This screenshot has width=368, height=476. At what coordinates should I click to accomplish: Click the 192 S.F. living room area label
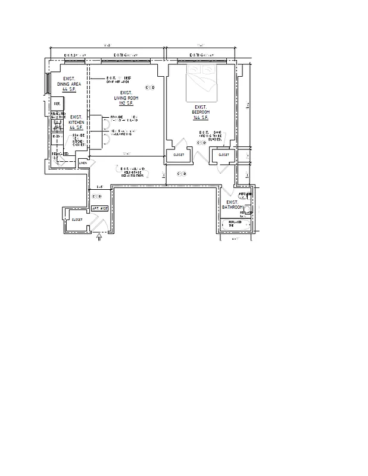(x=125, y=104)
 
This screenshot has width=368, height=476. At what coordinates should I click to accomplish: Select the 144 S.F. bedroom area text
(x=200, y=118)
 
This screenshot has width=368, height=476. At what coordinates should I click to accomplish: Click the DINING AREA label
(x=69, y=84)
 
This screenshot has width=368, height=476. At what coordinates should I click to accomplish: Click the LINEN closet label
(x=83, y=162)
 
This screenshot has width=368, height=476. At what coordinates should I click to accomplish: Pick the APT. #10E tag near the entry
(x=98, y=208)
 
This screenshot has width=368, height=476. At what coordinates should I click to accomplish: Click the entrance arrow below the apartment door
(x=99, y=237)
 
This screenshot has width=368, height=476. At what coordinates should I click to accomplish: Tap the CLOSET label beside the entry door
(x=77, y=220)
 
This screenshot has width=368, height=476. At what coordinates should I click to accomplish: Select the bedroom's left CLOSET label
(x=179, y=155)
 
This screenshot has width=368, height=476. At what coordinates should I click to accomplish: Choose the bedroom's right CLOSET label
(x=223, y=155)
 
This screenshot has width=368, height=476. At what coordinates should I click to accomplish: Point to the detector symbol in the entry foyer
(x=96, y=196)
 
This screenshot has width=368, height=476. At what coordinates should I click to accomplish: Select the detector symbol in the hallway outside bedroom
(x=182, y=174)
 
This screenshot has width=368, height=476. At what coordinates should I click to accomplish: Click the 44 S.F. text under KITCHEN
(x=76, y=127)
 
